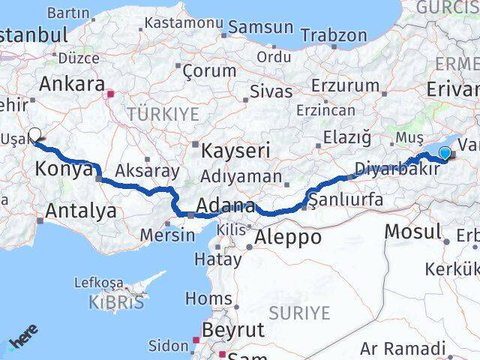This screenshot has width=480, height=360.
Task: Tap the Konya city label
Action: tap(62, 169)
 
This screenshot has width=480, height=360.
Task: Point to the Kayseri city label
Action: tap(235, 151)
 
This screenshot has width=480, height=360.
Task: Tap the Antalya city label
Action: tap(80, 211)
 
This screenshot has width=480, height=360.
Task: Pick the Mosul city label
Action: tap(412, 231)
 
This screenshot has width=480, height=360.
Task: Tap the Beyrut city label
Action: tap(233, 330)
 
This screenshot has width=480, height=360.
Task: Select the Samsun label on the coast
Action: tap(260, 28)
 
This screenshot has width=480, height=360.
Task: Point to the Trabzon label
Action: tap(334, 35)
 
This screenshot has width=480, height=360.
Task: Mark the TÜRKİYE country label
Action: tap(163, 114)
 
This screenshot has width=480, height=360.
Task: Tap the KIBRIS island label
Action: tap(115, 303)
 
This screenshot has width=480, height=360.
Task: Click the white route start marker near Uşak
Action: tap(34, 135)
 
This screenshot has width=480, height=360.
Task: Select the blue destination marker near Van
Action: tap(445, 154)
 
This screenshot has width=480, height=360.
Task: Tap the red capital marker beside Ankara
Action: tap(110, 94)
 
